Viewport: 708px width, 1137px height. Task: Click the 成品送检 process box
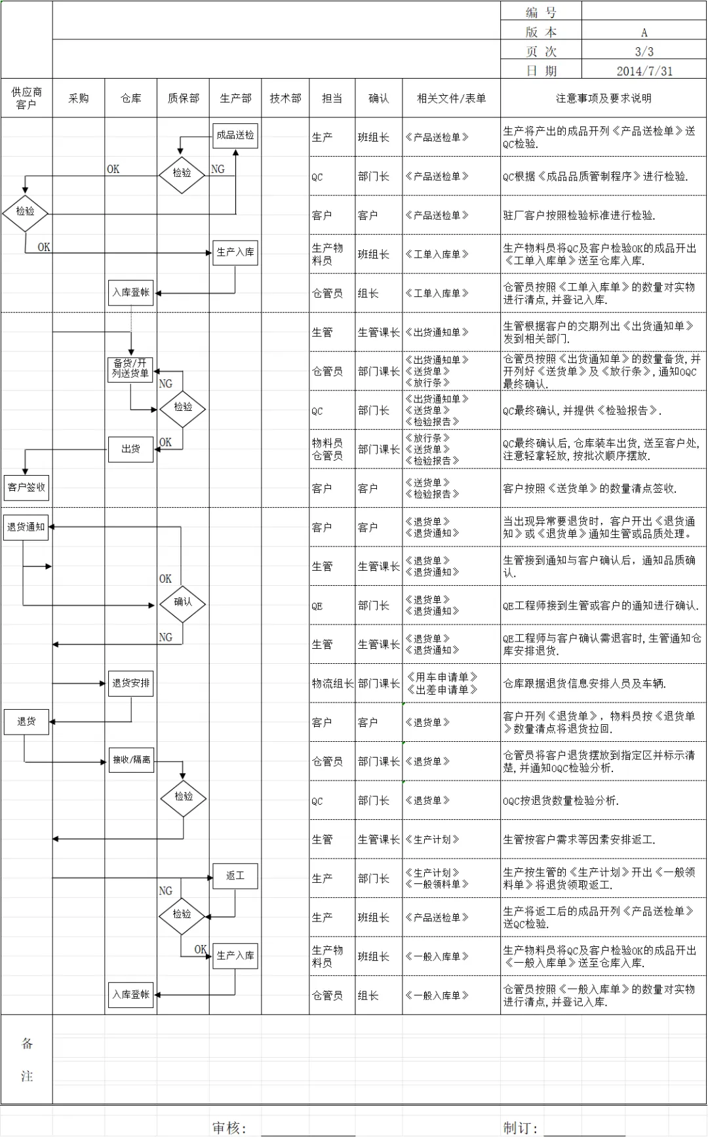click(235, 135)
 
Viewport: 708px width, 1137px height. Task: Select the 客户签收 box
click(26, 487)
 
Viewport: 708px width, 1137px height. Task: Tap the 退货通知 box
click(26, 527)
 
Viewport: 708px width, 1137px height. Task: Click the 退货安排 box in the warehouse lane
click(131, 683)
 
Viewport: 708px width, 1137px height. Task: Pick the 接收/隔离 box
click(131, 760)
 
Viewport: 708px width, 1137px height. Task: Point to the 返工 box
click(235, 876)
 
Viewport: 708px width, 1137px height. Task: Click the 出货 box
click(131, 449)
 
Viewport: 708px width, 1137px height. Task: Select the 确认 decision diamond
click(182, 602)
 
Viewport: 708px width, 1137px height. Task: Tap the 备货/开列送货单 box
click(130, 368)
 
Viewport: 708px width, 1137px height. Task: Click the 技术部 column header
click(285, 98)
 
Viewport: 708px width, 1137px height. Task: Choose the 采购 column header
click(79, 98)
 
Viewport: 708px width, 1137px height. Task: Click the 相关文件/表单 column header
click(451, 98)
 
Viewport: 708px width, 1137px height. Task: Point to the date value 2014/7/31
click(644, 71)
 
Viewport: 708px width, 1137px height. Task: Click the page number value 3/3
click(644, 51)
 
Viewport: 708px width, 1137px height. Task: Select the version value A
click(644, 32)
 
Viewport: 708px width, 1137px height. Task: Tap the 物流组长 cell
click(332, 684)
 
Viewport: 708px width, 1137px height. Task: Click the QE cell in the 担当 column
click(317, 606)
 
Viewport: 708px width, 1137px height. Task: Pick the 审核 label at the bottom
click(229, 1127)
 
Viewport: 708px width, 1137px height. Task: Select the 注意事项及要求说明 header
click(603, 98)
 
